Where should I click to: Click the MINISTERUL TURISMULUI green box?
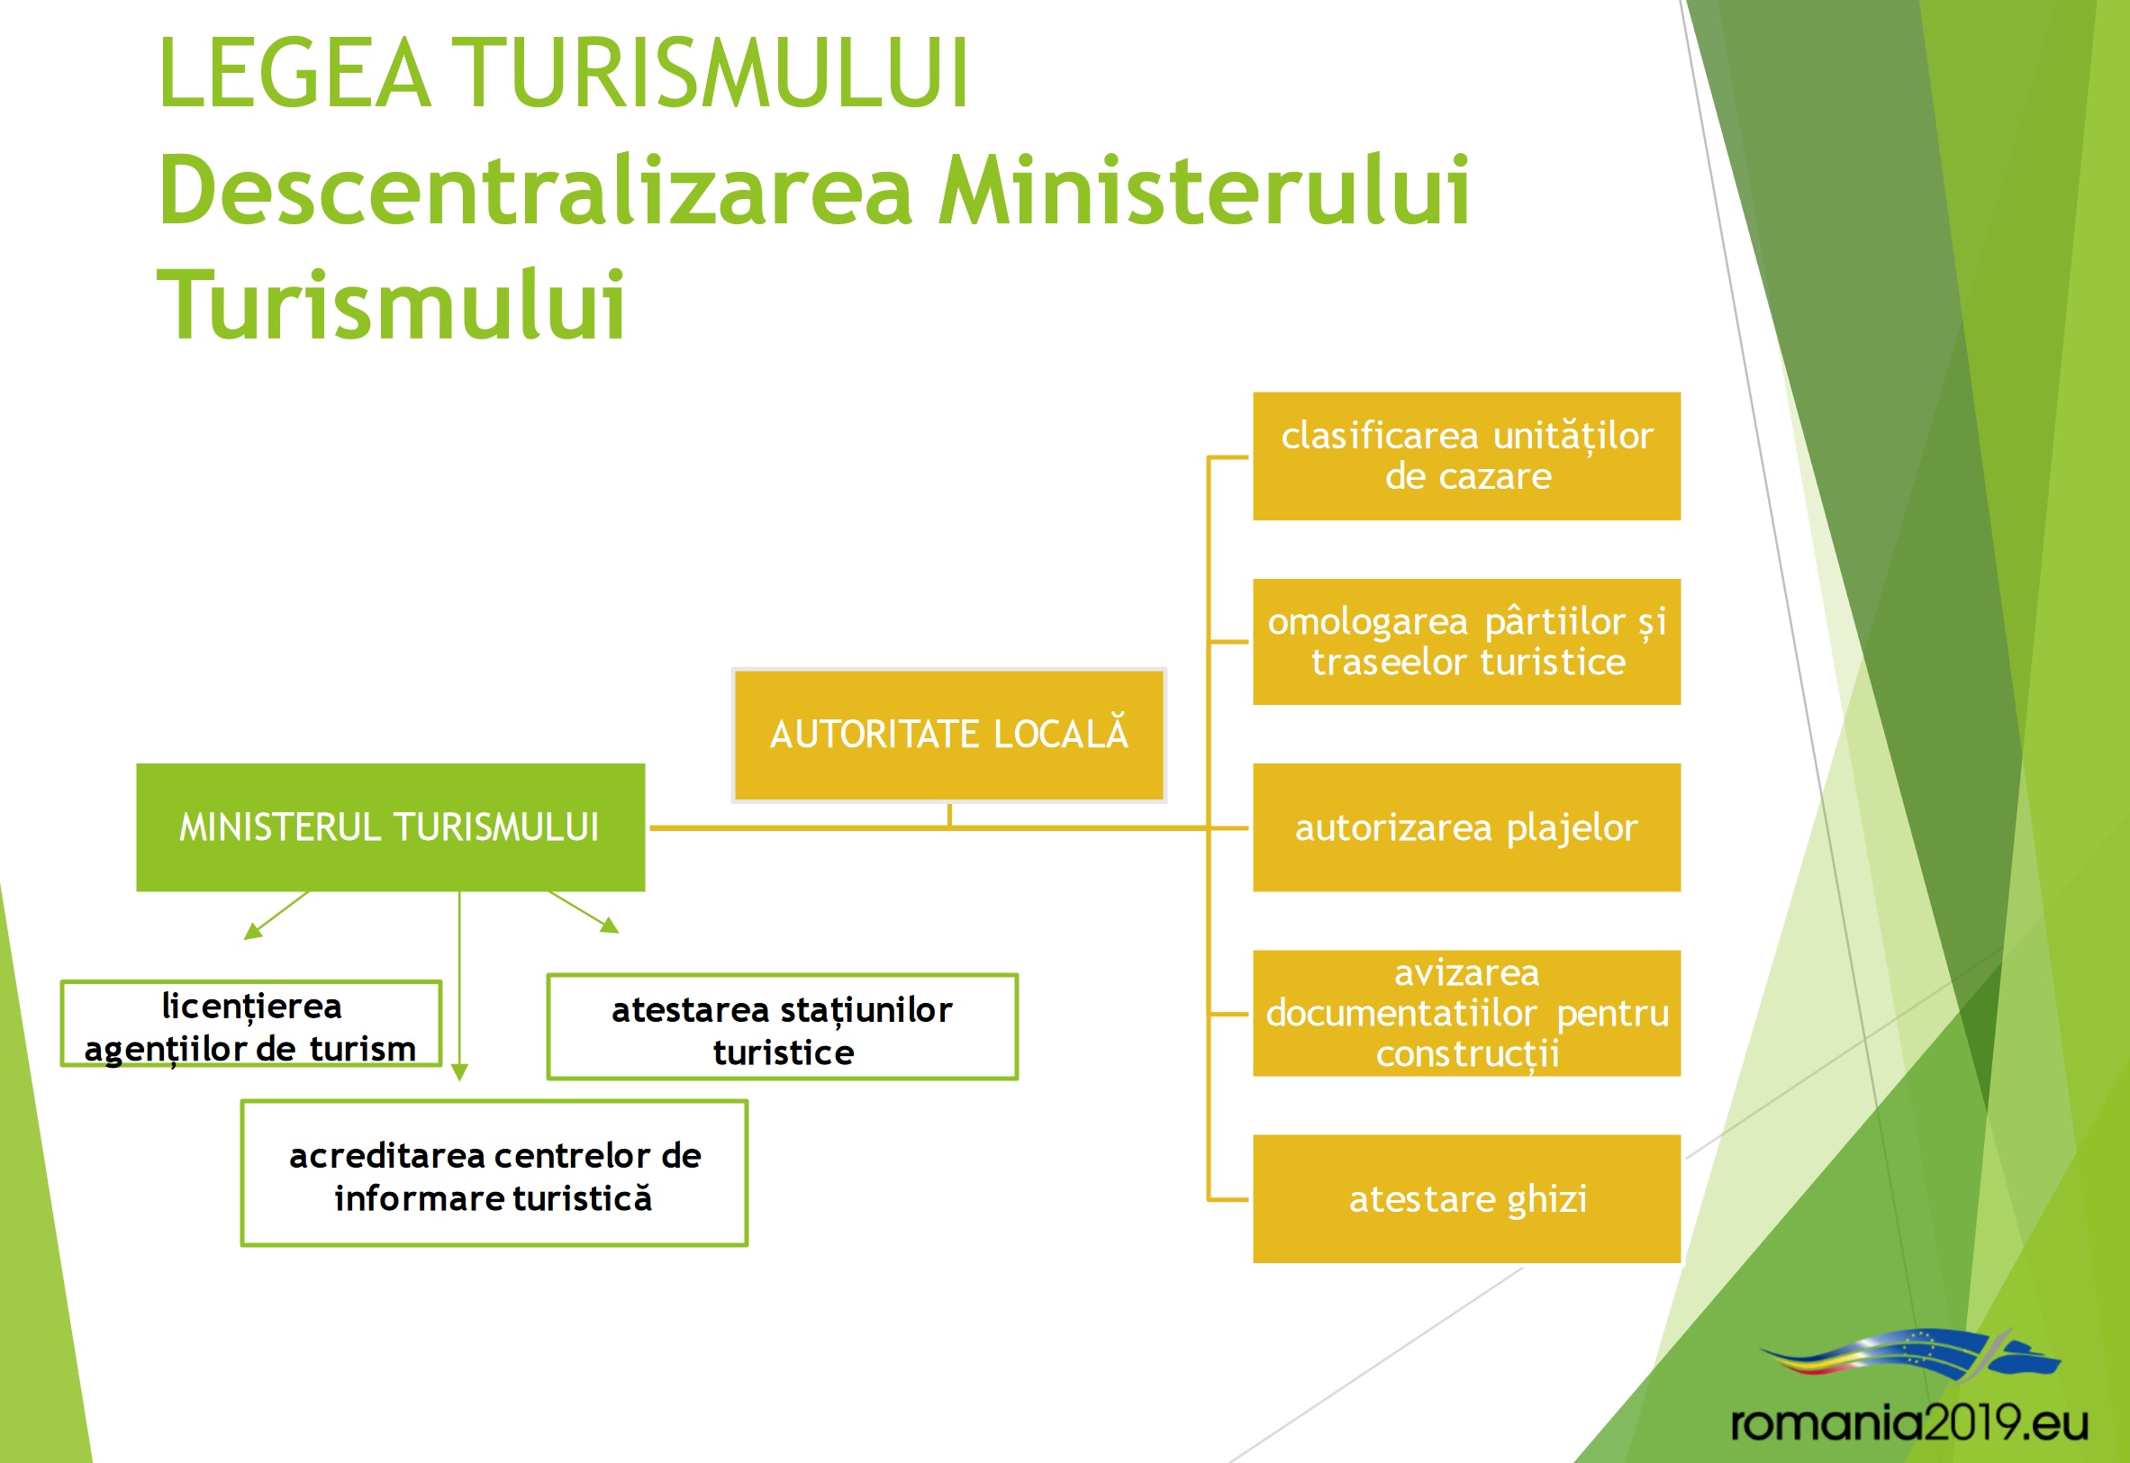391,826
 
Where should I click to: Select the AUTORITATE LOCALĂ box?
949,736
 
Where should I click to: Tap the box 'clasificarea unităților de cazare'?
1466,456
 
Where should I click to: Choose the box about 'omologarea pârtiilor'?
1466,642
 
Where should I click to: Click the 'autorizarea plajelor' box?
1466,826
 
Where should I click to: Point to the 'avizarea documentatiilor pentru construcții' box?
1466,1013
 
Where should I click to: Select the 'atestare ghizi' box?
1466,1199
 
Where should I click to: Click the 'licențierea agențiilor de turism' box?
251,1024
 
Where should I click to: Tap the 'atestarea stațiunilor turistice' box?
782,1026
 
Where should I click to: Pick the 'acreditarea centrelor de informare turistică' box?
494,1173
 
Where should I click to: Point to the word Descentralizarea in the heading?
537,190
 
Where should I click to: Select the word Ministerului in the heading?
1204,190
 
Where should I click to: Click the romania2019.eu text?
1910,1422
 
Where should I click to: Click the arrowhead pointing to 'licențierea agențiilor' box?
252,931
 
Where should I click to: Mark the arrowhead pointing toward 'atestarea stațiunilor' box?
610,925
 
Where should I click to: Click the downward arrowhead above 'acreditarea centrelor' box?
460,1072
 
